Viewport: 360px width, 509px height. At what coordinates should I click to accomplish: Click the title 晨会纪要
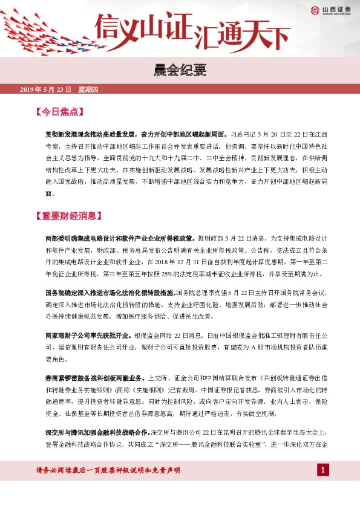[180, 71]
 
